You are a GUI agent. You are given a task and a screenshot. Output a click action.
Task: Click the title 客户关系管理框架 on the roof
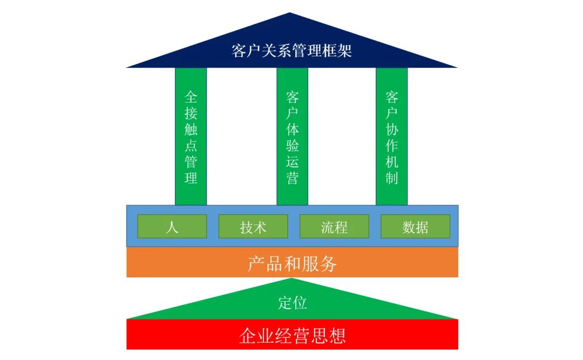pyautogui.click(x=291, y=51)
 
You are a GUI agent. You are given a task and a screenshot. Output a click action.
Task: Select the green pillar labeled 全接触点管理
pyautogui.click(x=191, y=136)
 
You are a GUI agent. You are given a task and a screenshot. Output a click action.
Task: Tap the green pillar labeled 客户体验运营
pyautogui.click(x=292, y=136)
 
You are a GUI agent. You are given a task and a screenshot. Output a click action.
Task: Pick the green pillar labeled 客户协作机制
pyautogui.click(x=392, y=136)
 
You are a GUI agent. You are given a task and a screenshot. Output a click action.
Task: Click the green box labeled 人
pyautogui.click(x=172, y=227)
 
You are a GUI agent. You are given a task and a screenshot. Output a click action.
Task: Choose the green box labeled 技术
pyautogui.click(x=253, y=227)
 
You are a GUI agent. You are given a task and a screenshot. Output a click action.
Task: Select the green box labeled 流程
pyautogui.click(x=334, y=227)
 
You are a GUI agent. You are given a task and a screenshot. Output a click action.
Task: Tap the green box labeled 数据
pyautogui.click(x=415, y=227)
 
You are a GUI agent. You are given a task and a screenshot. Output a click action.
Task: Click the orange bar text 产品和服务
pyautogui.click(x=292, y=263)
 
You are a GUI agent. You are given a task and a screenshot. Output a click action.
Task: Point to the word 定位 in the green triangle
pyautogui.click(x=292, y=303)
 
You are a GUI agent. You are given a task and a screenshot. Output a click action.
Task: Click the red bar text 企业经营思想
pyautogui.click(x=292, y=336)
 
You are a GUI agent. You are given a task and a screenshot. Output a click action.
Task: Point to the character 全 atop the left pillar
pyautogui.click(x=191, y=97)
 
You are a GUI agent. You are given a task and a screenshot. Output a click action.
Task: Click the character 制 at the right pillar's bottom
pyautogui.click(x=392, y=178)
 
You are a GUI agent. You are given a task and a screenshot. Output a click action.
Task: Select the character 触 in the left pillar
pyautogui.click(x=191, y=130)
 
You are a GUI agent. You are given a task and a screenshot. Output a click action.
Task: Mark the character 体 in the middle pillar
pyautogui.click(x=292, y=130)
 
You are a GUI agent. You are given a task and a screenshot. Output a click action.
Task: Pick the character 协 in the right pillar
pyautogui.click(x=392, y=130)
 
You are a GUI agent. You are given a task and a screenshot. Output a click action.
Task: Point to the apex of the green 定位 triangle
pyautogui.click(x=291, y=280)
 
